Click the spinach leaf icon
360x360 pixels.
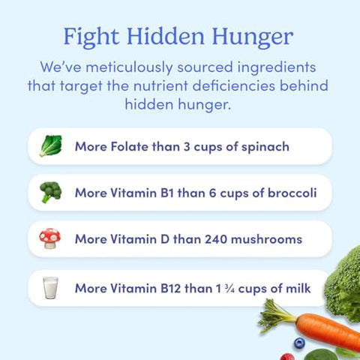(x=51, y=145)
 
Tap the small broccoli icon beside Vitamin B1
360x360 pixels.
(x=51, y=193)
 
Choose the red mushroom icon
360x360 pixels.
(x=51, y=239)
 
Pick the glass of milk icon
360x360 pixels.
(x=51, y=287)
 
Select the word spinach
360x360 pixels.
(x=264, y=146)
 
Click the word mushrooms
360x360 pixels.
(x=265, y=239)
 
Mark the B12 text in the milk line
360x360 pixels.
(x=175, y=287)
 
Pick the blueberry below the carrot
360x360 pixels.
(x=299, y=343)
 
